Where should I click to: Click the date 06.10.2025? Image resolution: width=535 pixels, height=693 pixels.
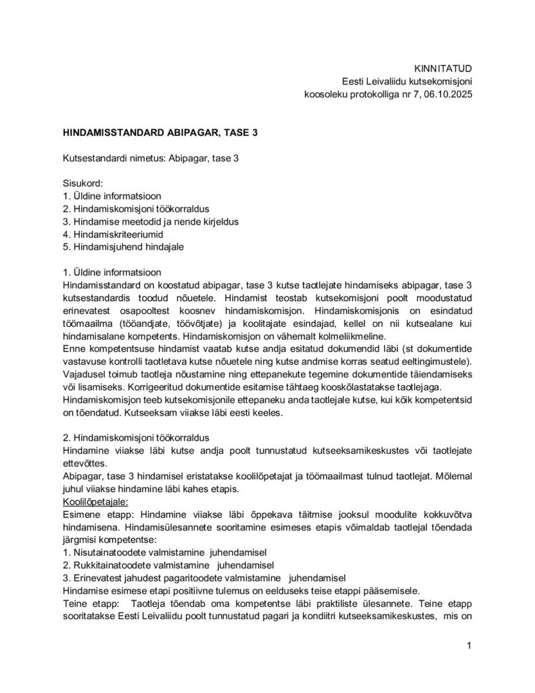click(x=445, y=95)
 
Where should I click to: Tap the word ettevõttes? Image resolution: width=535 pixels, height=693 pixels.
click(x=86, y=464)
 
